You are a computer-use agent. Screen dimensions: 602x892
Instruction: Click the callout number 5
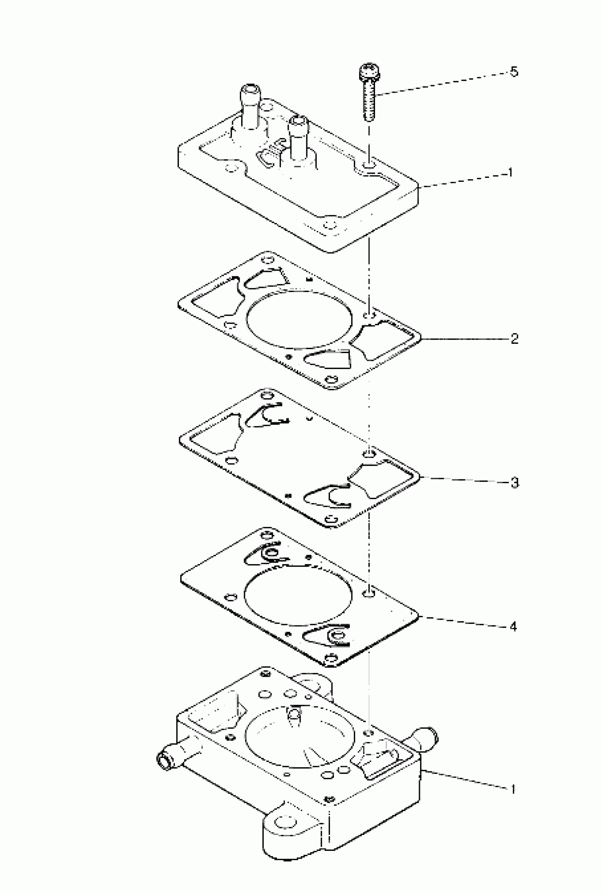point(514,72)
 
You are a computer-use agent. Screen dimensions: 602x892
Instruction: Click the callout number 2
point(515,339)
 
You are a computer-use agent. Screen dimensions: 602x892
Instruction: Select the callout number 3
point(515,483)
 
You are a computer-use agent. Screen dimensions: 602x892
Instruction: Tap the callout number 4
point(513,627)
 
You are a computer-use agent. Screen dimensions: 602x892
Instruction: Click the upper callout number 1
point(510,173)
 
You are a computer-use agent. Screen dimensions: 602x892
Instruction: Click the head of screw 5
point(369,72)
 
